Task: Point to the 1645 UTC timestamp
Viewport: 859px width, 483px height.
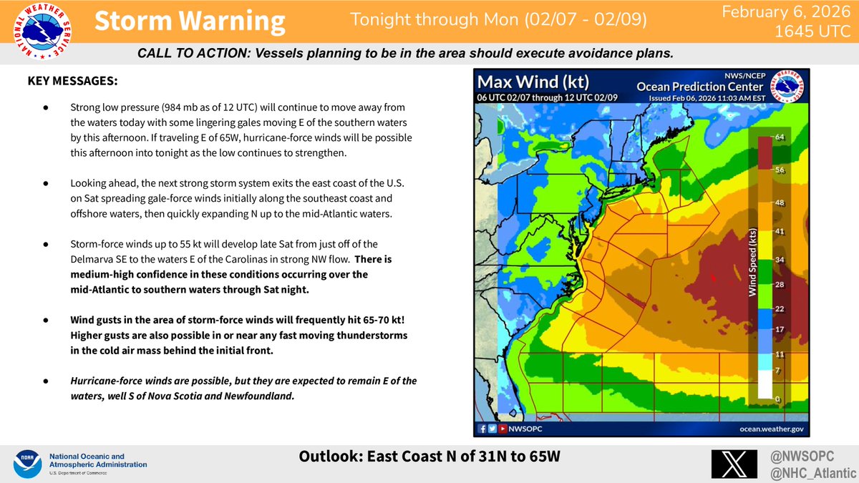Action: [817, 32]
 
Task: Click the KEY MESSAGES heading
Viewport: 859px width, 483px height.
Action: [72, 82]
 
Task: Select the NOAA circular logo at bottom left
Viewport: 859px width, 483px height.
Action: [25, 464]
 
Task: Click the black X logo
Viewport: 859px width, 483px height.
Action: [734, 464]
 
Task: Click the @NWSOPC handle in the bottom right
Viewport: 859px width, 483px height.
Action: [799, 455]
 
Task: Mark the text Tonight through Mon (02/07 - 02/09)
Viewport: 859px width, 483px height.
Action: [499, 20]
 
